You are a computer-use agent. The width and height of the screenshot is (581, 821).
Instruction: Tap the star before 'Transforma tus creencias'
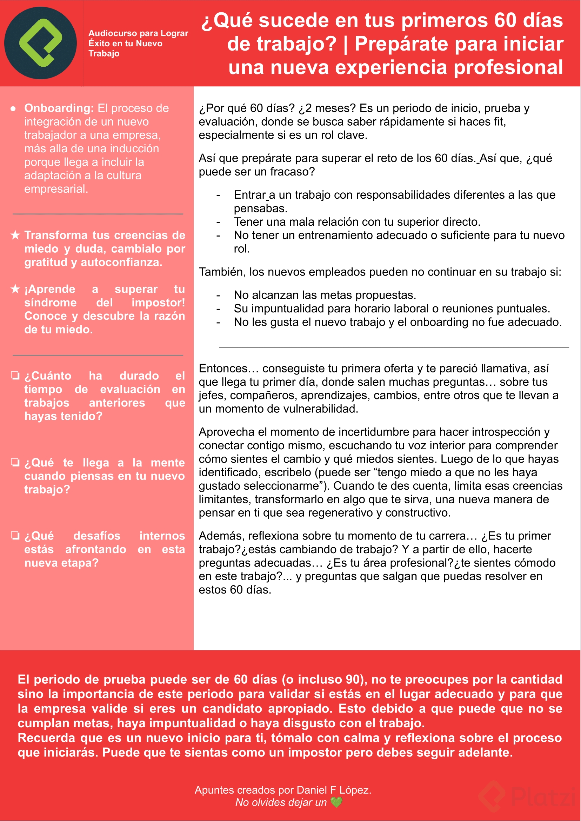point(15,235)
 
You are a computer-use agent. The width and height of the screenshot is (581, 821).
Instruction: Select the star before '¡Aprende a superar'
point(15,289)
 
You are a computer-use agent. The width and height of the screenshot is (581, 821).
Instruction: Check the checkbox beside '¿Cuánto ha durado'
point(15,376)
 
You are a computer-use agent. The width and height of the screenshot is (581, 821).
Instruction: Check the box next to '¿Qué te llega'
point(15,462)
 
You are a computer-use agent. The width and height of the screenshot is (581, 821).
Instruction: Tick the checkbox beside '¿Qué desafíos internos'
point(15,535)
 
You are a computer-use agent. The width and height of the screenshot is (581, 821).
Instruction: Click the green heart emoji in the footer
point(336,802)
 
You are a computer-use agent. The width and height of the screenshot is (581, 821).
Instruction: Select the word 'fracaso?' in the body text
point(292,172)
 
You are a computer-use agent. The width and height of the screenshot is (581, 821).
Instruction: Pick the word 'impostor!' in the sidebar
point(158,303)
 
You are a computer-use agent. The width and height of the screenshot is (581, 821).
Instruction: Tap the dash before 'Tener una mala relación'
point(218,222)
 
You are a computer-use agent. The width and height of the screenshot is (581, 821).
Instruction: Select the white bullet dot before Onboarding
point(13,108)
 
